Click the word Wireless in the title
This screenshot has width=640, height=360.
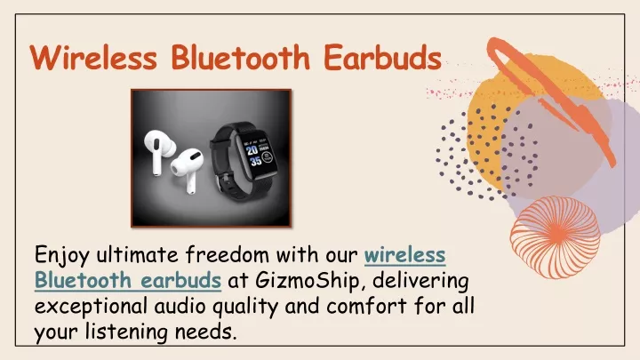click(x=93, y=57)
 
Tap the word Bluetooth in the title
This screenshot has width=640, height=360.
click(x=241, y=57)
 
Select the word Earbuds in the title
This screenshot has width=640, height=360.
click(x=383, y=57)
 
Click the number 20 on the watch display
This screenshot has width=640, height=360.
click(x=252, y=150)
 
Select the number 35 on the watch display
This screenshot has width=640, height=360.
click(x=256, y=162)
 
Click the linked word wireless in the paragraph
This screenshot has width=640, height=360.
click(x=404, y=255)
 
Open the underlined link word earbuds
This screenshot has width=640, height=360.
click(x=180, y=280)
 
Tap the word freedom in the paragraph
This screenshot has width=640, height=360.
click(x=228, y=255)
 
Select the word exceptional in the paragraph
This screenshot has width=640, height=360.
click(x=91, y=307)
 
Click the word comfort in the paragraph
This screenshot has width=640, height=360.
click(x=366, y=306)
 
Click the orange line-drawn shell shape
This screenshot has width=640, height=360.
click(x=555, y=237)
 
